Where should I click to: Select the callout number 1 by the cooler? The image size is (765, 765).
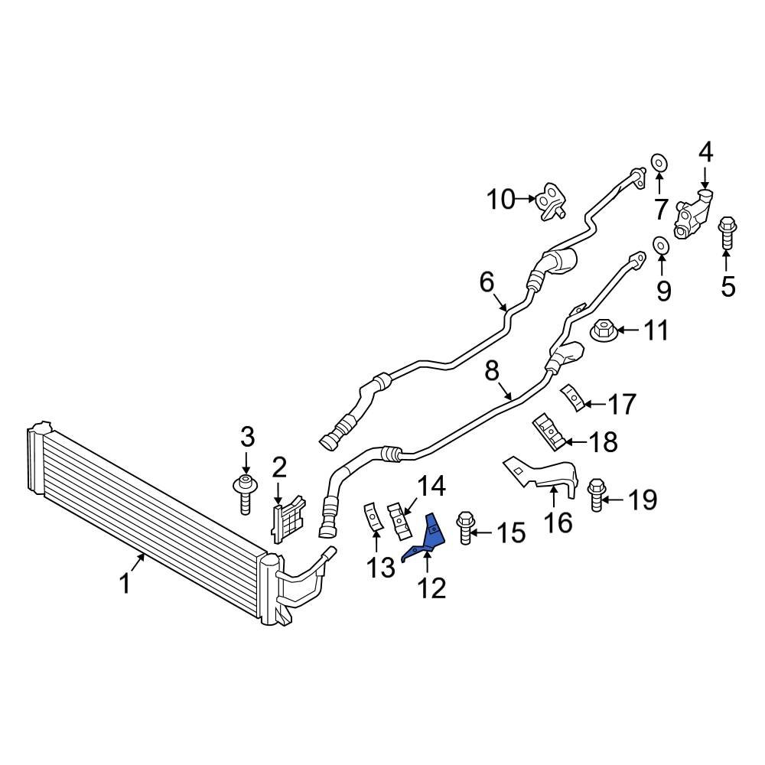[125, 585]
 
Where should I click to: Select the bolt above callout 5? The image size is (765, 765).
[726, 233]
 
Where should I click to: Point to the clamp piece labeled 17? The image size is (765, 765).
[571, 399]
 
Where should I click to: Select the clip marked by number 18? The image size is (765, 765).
[550, 430]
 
